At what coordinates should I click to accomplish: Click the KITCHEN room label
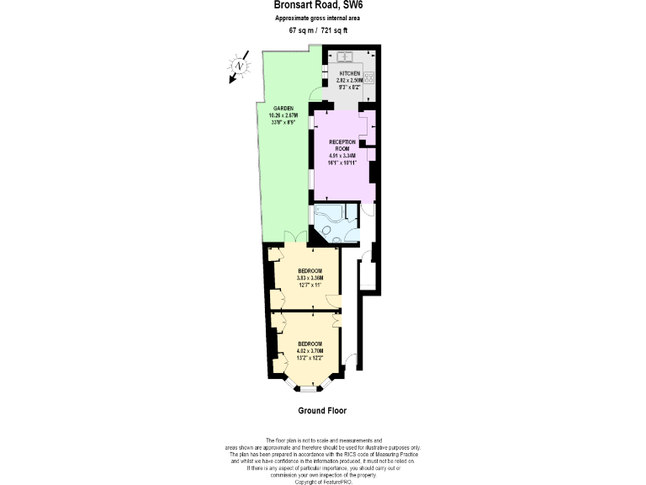tap(349, 73)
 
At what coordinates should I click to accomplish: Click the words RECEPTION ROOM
tap(342, 145)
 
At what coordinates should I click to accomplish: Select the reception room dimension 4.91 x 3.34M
tap(342, 156)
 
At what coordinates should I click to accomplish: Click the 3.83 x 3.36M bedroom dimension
tap(310, 278)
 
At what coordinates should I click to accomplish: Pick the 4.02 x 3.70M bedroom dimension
tap(310, 350)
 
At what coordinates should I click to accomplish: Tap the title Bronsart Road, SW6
tap(323, 6)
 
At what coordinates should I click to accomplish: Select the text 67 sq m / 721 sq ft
tap(323, 30)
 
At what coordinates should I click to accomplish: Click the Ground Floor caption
tap(322, 412)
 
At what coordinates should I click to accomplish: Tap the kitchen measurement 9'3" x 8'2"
tap(349, 87)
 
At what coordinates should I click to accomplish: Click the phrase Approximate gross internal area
tap(323, 19)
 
